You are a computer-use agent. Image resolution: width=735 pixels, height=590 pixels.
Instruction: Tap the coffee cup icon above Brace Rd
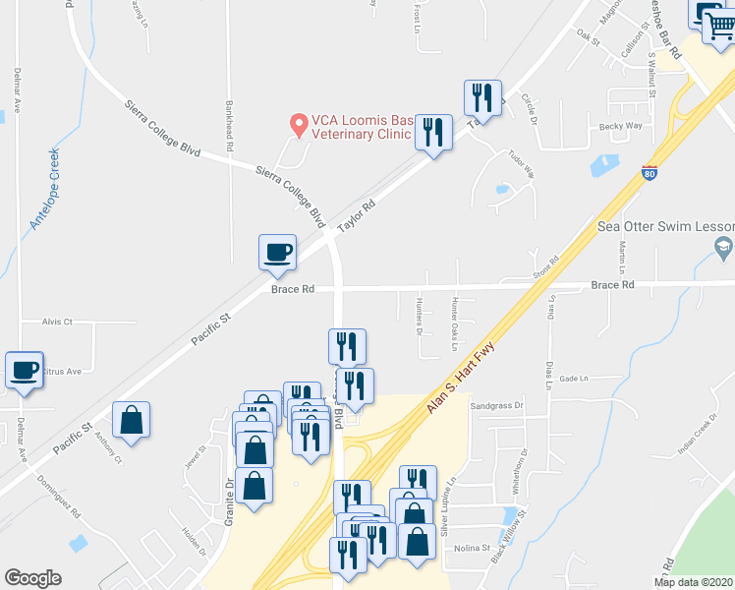tap(277, 252)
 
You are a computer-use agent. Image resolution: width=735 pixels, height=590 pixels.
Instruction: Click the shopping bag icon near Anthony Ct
tap(131, 420)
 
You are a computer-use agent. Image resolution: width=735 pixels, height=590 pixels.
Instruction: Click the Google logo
tap(32, 578)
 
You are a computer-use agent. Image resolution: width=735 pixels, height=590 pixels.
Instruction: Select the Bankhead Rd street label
tap(229, 126)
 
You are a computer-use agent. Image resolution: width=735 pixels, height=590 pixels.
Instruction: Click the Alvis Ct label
tap(58, 322)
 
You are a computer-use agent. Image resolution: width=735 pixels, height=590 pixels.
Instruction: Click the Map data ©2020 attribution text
tap(693, 581)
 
